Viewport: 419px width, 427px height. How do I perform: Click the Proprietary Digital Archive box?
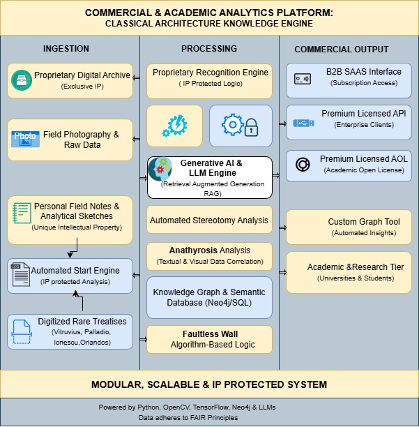coord(70,80)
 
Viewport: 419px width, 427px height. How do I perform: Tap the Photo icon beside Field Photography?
coord(26,139)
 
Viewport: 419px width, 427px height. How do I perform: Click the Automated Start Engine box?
coord(70,275)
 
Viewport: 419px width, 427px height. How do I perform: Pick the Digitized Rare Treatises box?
coord(70,331)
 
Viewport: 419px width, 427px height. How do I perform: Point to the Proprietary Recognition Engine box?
coord(209,80)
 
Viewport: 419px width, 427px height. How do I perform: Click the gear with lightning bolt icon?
coord(174,126)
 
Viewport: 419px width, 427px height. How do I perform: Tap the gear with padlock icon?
coord(241,126)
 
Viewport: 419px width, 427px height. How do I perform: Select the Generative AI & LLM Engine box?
coord(209,178)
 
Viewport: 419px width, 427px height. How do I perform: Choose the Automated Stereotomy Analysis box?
coord(209,220)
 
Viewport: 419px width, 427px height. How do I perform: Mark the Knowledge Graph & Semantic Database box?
coord(209,296)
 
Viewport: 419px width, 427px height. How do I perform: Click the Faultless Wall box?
coord(209,338)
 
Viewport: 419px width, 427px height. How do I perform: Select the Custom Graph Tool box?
coord(349,227)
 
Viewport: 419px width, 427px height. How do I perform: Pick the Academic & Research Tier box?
coord(349,272)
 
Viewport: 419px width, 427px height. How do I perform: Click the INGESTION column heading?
coord(66,49)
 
